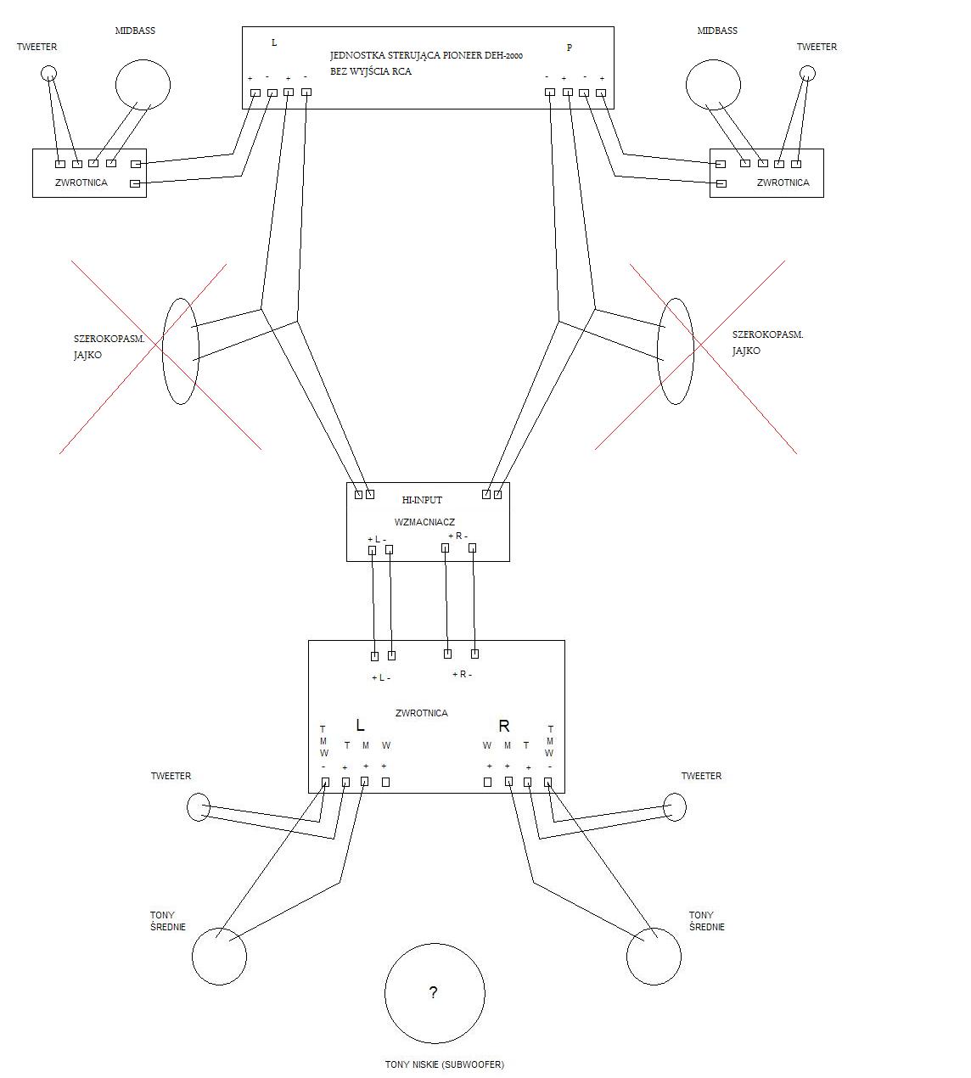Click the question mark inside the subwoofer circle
click(x=434, y=992)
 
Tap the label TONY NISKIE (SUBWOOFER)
click(x=445, y=1064)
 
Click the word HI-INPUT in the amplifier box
click(x=422, y=500)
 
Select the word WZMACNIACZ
click(x=424, y=522)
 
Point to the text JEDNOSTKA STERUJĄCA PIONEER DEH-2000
click(x=426, y=55)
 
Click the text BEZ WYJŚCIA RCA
click(x=371, y=71)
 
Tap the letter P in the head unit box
click(x=569, y=48)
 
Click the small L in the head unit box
click(x=274, y=42)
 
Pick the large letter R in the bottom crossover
click(x=503, y=726)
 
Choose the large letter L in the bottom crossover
click(x=360, y=725)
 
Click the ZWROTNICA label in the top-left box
click(x=81, y=182)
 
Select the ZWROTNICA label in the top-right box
click(x=783, y=182)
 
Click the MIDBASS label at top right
click(x=717, y=31)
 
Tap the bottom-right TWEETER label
click(x=701, y=776)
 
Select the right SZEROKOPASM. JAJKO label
click(x=767, y=342)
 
